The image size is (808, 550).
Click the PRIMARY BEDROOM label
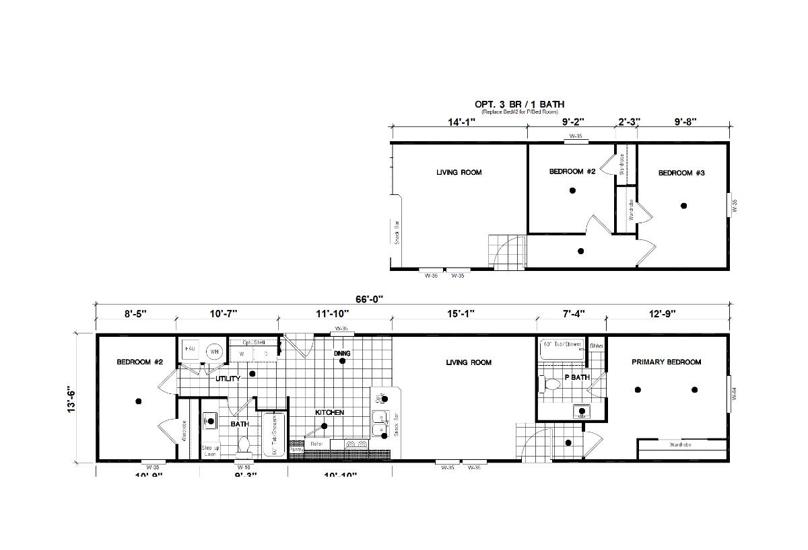666,362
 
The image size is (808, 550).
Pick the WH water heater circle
214,351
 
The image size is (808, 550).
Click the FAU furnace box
190,350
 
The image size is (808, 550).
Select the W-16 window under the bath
243,466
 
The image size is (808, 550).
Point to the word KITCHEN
330,412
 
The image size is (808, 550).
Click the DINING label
342,354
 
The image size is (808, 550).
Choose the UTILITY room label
228,379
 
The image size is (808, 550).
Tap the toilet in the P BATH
551,385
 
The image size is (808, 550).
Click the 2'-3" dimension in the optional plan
628,122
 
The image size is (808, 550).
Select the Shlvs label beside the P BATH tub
597,346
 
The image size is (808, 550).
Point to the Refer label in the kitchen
316,444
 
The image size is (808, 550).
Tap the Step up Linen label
210,450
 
